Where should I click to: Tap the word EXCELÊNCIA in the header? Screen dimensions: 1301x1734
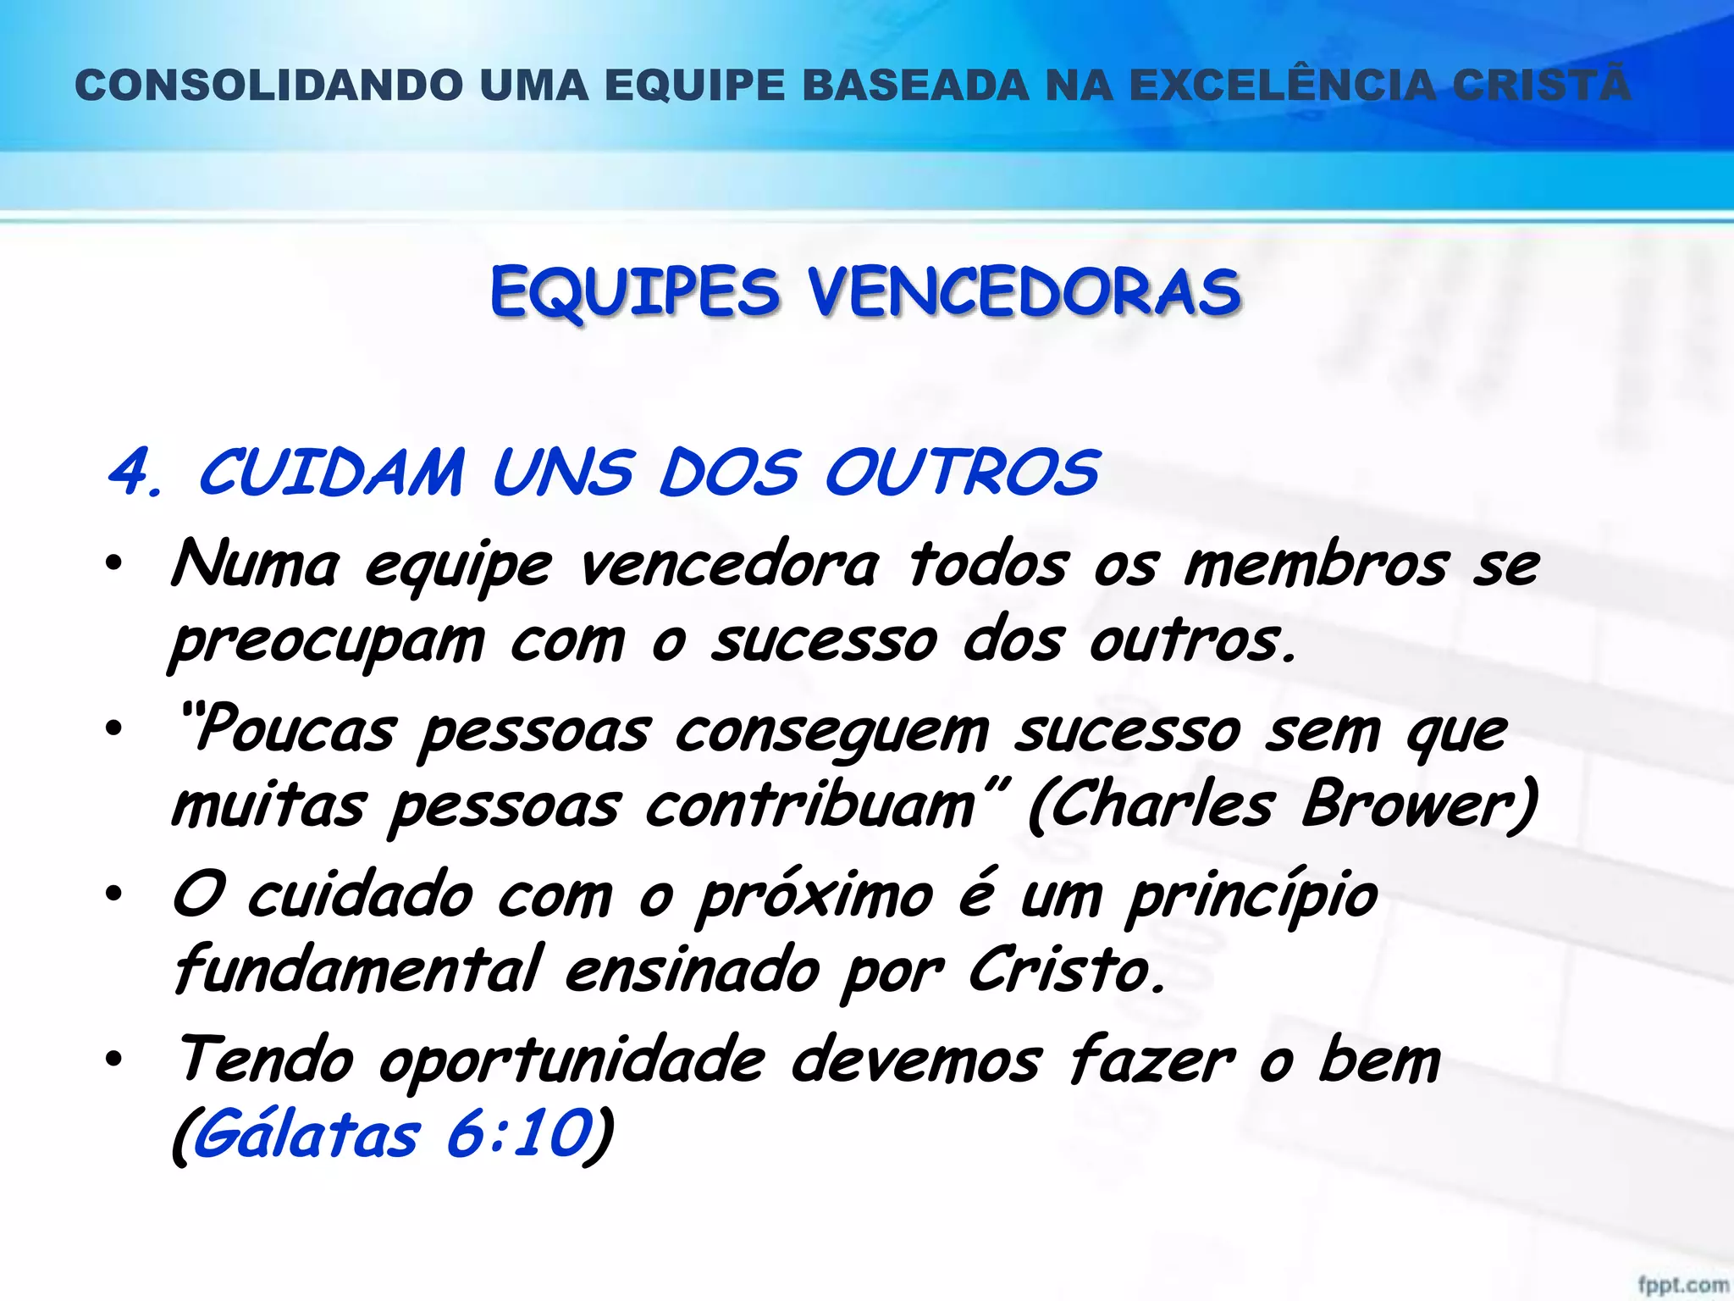tap(1284, 86)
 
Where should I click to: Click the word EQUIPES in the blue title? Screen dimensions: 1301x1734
tap(635, 292)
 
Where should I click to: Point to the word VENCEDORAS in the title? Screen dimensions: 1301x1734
tap(1024, 292)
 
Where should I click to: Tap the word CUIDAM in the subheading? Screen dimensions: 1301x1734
tap(331, 473)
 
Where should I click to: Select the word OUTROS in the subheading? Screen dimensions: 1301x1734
tap(962, 473)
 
